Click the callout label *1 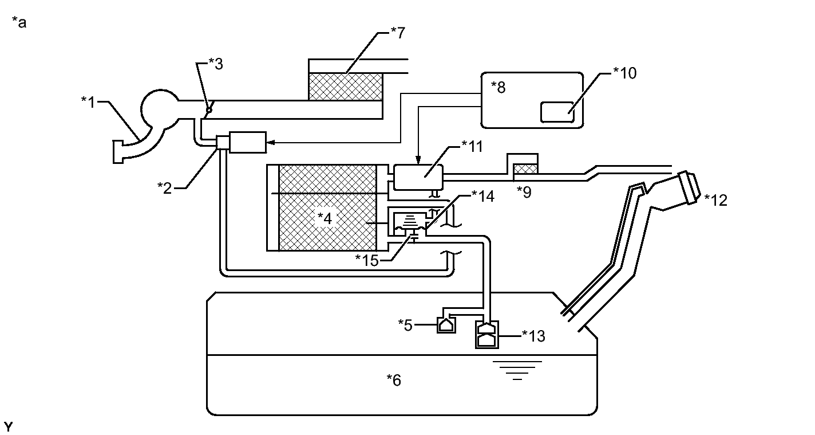tap(88, 103)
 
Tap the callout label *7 tap(398, 33)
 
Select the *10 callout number tap(625, 73)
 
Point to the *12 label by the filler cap tap(715, 201)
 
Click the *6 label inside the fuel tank tap(394, 381)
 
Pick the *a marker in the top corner tap(19, 22)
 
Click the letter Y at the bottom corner tap(8, 426)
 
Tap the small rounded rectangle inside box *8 tap(557, 112)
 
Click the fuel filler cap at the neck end tap(689, 187)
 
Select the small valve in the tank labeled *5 tap(446, 325)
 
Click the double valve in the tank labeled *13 tap(487, 335)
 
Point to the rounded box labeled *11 tap(418, 178)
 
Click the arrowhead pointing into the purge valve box tap(271, 143)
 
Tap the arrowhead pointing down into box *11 tap(418, 160)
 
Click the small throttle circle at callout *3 tap(209, 110)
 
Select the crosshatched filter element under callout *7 tap(345, 87)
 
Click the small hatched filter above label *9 tap(525, 168)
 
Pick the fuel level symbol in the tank tap(517, 370)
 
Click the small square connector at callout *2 tap(223, 143)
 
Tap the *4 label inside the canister tap(325, 218)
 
